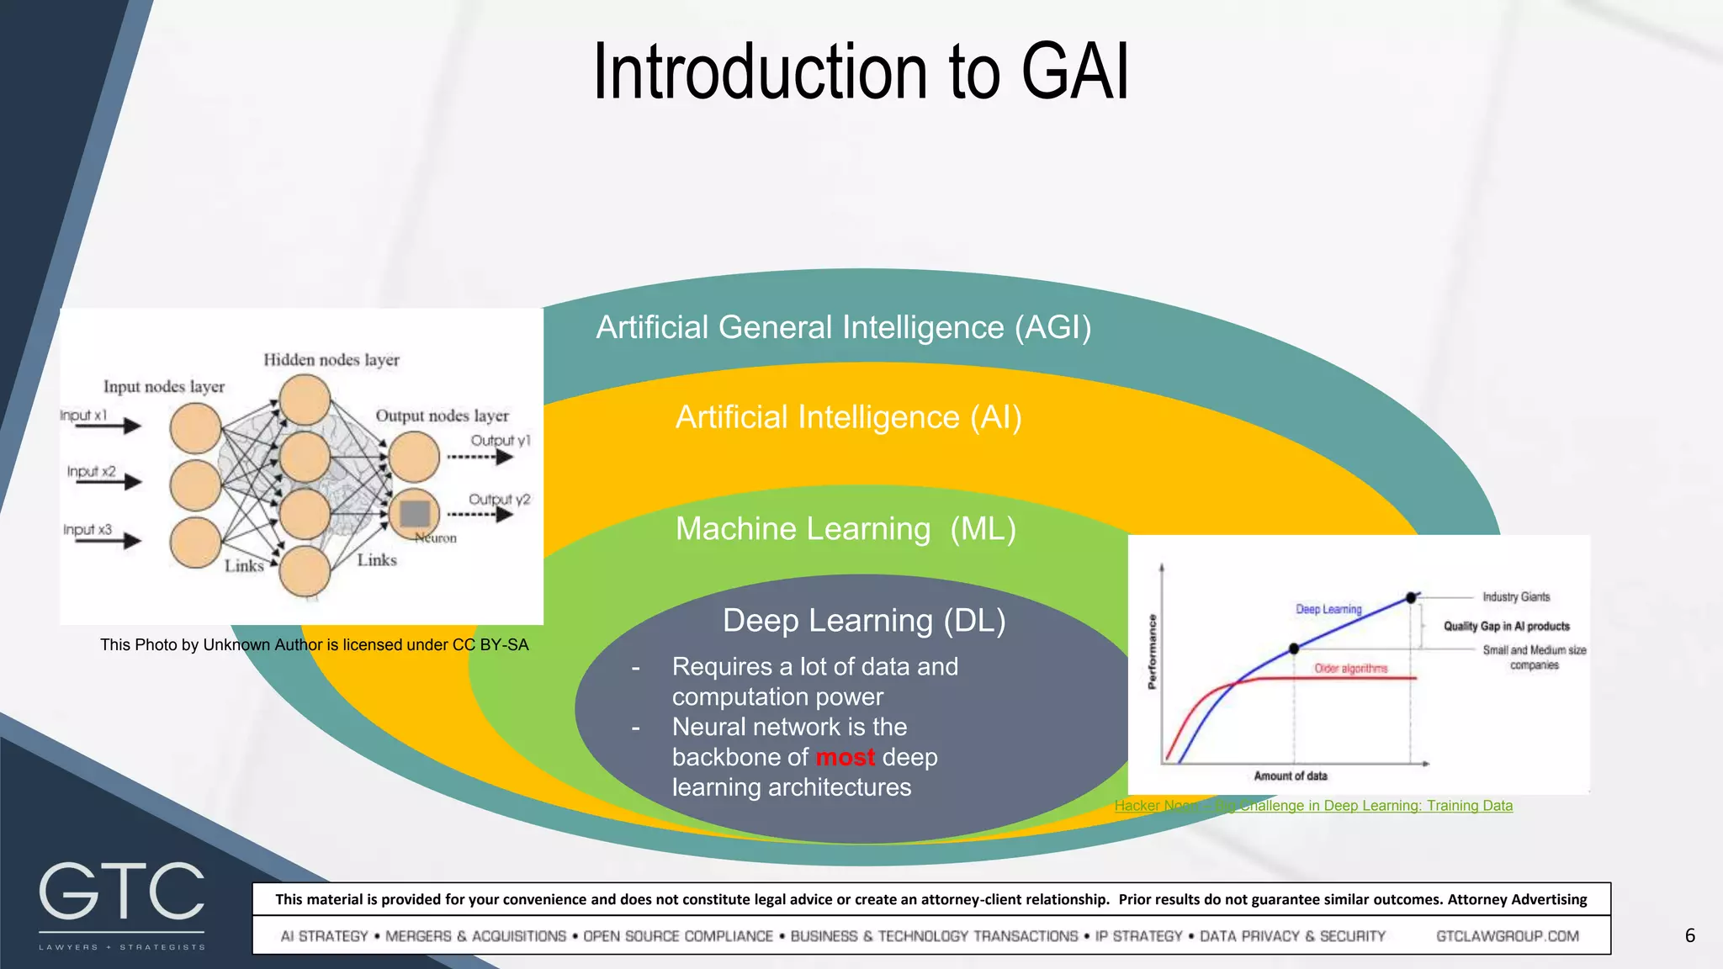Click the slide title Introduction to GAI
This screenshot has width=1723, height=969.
click(861, 72)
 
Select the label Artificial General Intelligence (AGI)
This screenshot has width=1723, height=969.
click(843, 327)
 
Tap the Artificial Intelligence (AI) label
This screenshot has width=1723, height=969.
click(848, 417)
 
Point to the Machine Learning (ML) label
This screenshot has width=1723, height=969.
click(846, 529)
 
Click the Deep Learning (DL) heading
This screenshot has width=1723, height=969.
click(864, 621)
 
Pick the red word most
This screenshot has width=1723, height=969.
click(845, 757)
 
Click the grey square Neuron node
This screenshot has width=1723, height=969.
click(415, 513)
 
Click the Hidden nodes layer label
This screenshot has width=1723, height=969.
click(331, 360)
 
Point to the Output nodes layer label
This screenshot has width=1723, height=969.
click(442, 416)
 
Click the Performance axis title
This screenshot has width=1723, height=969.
click(1152, 652)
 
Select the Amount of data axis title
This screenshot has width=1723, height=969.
click(1290, 776)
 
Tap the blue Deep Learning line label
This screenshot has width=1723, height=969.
click(1328, 609)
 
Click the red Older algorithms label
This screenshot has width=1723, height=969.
click(1350, 668)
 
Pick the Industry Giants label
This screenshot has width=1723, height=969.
click(1515, 596)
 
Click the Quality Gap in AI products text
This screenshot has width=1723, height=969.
click(1506, 626)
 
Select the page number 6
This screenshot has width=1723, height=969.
click(1689, 935)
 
